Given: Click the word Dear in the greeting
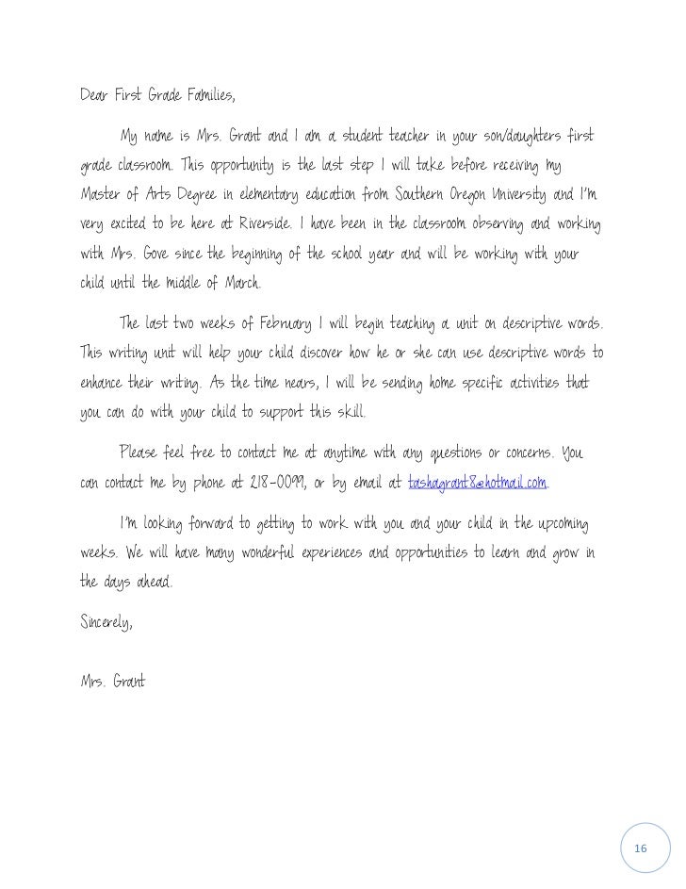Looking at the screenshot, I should coord(94,96).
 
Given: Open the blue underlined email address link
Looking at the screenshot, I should coord(477,484).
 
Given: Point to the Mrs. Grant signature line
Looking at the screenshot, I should coord(112,681).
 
